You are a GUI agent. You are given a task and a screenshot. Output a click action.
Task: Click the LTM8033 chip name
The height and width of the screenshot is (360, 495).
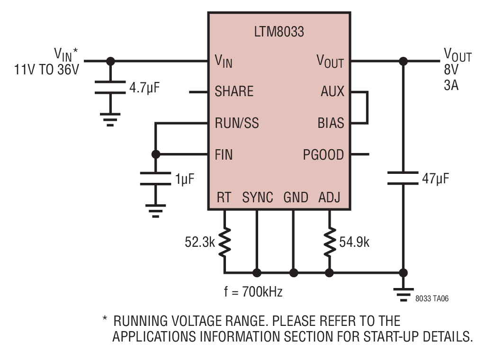click(x=279, y=32)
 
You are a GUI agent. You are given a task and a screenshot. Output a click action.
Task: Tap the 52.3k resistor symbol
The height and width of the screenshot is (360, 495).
click(x=225, y=242)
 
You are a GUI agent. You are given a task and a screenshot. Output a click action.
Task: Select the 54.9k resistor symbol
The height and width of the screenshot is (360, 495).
click(x=330, y=242)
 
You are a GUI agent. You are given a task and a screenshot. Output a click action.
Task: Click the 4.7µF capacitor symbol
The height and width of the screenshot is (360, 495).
click(x=110, y=88)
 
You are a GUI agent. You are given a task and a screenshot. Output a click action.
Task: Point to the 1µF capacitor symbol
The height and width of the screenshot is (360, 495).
click(x=155, y=179)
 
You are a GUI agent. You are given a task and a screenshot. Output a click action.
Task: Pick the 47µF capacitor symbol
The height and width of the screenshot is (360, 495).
click(x=403, y=178)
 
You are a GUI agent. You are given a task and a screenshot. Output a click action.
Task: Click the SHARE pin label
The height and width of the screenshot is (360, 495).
click(x=234, y=91)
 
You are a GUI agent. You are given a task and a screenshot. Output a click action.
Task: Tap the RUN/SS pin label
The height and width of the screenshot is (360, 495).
click(x=237, y=123)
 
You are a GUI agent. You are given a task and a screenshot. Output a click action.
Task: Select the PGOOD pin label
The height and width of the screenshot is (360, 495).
click(x=323, y=155)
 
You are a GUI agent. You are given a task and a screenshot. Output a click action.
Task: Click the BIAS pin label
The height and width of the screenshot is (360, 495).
click(x=331, y=123)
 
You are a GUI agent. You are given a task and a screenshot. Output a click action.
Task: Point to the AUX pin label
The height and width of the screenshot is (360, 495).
click(x=332, y=91)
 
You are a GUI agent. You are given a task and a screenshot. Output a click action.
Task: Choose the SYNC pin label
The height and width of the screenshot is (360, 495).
click(x=257, y=198)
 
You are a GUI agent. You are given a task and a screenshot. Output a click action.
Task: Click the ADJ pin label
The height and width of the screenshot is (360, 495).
click(x=329, y=198)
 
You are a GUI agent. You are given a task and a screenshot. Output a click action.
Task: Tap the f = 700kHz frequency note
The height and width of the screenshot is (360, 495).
click(x=253, y=291)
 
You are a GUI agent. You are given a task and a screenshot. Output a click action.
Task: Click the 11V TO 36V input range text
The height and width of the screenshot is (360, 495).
click(x=47, y=70)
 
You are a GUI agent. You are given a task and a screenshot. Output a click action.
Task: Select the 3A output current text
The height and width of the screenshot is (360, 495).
click(x=451, y=85)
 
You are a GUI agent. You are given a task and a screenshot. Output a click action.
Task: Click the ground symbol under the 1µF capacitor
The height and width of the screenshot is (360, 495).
click(x=155, y=211)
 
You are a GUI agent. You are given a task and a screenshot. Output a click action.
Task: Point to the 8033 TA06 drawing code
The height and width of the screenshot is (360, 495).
click(x=432, y=298)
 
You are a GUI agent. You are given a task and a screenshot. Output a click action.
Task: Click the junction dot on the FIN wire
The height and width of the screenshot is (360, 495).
click(x=156, y=154)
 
